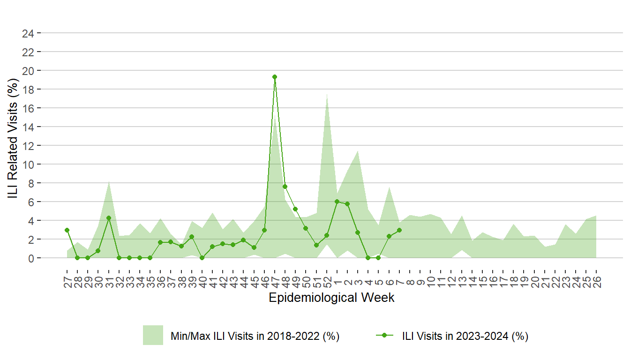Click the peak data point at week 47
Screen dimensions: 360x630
tap(275, 77)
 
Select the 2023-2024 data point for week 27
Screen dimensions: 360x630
tap(67, 230)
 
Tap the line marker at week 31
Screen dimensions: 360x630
tap(109, 218)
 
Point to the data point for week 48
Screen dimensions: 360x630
tap(285, 187)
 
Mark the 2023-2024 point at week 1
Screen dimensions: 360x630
tap(337, 202)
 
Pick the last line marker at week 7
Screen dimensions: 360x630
tap(399, 230)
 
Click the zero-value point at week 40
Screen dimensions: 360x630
tap(202, 258)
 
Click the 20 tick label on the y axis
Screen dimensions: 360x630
tap(28, 70)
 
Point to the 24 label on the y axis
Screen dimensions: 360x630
tap(28, 33)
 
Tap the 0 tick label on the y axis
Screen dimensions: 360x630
tap(31, 258)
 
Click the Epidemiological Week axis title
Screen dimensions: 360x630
tap(331, 298)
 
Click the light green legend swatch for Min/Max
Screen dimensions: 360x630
tap(153, 335)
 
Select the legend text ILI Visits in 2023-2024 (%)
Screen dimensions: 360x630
tap(465, 336)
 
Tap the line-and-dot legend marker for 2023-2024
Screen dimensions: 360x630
tap(385, 336)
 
